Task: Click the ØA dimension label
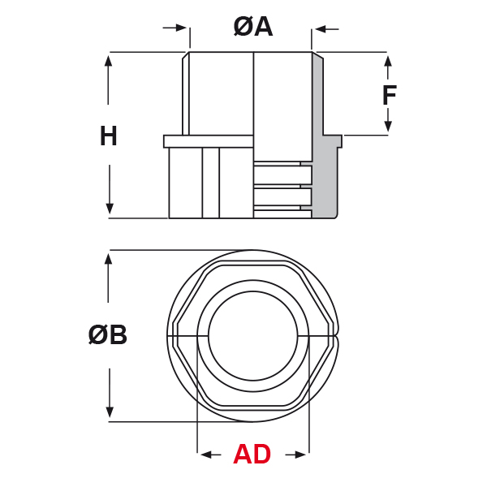click(x=253, y=27)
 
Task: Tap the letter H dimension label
click(x=109, y=136)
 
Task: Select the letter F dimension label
click(x=390, y=95)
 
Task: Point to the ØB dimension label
click(x=107, y=334)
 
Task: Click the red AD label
click(x=252, y=454)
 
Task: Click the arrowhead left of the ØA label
click(x=181, y=28)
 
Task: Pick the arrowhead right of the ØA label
click(x=321, y=29)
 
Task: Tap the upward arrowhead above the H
click(x=108, y=61)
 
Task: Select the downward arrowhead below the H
click(x=110, y=208)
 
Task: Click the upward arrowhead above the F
click(x=388, y=61)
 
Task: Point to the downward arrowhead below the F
click(x=388, y=126)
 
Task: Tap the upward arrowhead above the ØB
click(x=108, y=259)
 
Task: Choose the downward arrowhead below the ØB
click(x=110, y=412)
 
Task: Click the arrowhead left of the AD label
click(x=207, y=455)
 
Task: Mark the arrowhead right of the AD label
click(x=300, y=455)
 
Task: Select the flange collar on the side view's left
click(x=209, y=141)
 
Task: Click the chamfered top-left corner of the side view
click(x=186, y=55)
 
